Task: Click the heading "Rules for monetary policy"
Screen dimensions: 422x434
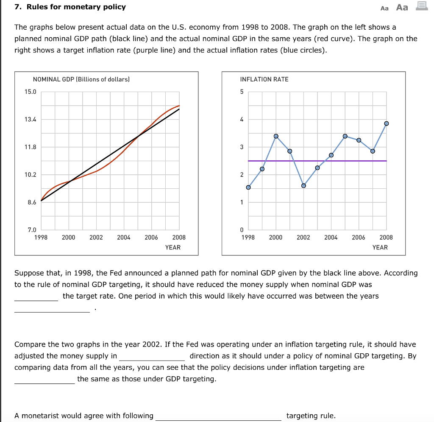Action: (76, 7)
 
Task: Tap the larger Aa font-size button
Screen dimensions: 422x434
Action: (402, 7)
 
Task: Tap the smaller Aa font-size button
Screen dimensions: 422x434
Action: (384, 8)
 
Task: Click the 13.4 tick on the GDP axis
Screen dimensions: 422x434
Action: (32, 120)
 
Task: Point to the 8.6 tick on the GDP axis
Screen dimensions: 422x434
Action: (32, 202)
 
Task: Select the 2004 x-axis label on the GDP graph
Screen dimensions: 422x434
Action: (124, 238)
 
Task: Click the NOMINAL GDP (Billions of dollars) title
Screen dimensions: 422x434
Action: (81, 79)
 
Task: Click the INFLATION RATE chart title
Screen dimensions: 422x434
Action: (264, 79)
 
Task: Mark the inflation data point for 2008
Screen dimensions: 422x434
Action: (386, 123)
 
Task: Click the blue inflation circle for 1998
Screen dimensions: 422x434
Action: (248, 187)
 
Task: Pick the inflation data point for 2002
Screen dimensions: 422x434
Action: (303, 185)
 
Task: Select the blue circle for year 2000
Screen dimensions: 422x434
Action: (276, 136)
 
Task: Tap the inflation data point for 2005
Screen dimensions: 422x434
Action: (345, 136)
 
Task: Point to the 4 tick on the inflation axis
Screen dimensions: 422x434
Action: (242, 120)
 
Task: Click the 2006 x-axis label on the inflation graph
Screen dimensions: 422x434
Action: (359, 238)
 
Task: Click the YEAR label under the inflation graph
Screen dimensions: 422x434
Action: (380, 247)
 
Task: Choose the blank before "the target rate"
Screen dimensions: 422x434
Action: (36, 296)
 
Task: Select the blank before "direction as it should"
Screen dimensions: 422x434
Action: (153, 356)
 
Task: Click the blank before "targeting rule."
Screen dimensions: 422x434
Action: (218, 416)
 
